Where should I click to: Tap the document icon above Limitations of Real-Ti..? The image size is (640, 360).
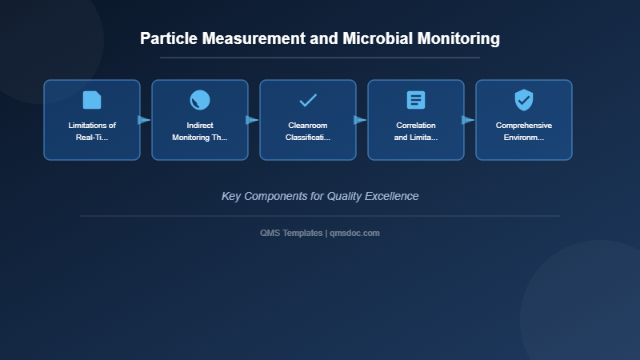coord(92,100)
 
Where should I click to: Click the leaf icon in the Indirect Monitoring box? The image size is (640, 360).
coord(200,100)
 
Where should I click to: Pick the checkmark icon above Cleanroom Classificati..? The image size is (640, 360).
coord(308,100)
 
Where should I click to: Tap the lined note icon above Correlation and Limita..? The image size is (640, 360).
coord(416,100)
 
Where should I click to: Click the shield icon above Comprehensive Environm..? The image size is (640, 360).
coord(524,100)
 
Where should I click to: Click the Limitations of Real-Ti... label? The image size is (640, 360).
coord(92,131)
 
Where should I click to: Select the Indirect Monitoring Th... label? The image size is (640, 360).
coord(200,131)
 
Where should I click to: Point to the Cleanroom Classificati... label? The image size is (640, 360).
coord(308,131)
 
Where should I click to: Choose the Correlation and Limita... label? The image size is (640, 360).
coord(416,131)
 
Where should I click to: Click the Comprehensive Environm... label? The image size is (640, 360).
coord(524,131)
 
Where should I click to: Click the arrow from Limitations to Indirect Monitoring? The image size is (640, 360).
coord(144,120)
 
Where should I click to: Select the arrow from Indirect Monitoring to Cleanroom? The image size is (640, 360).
coord(252,120)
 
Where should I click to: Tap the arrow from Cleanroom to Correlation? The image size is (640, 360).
coord(360,120)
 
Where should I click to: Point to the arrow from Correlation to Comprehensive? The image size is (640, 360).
coord(468,120)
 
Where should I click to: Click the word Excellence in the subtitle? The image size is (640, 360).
coord(390,196)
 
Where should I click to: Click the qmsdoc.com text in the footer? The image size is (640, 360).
coord(354,233)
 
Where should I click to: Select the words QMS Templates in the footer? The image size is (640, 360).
coord(291,233)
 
